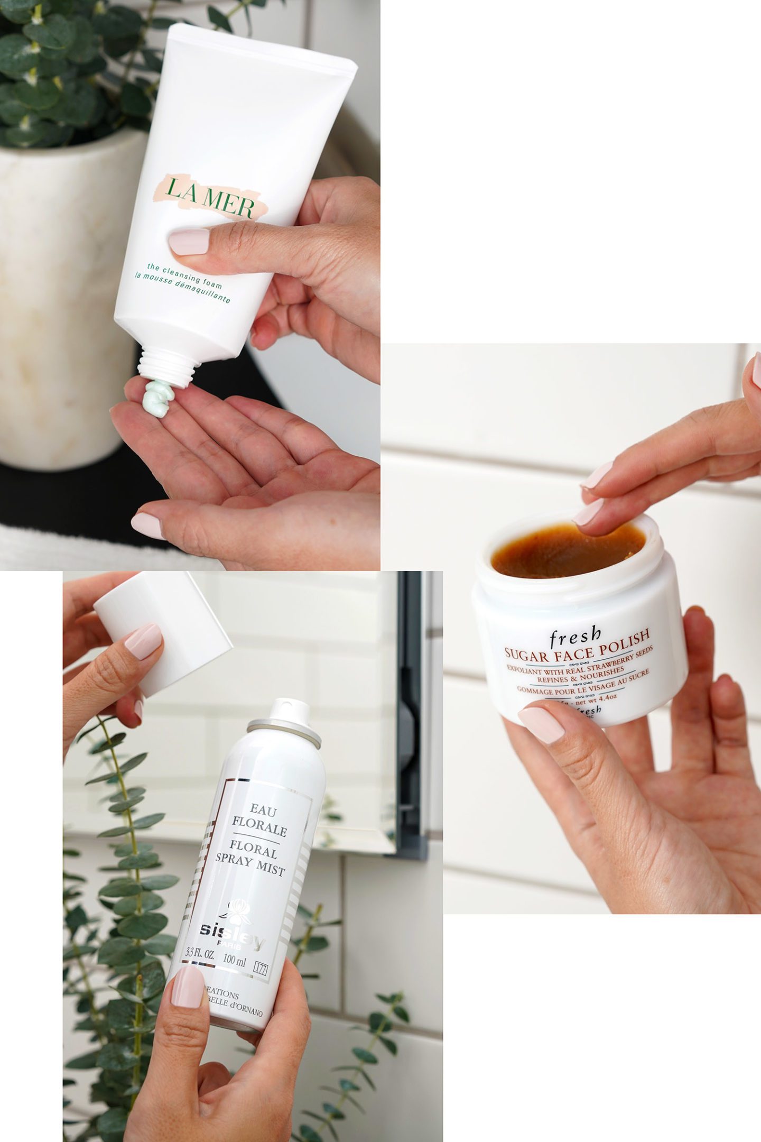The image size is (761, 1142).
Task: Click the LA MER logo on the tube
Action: pos(209,197)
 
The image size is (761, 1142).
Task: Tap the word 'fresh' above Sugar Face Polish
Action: pos(575,637)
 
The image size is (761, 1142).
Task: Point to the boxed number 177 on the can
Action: pos(260,968)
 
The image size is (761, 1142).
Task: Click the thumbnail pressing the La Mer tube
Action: pos(189,242)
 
